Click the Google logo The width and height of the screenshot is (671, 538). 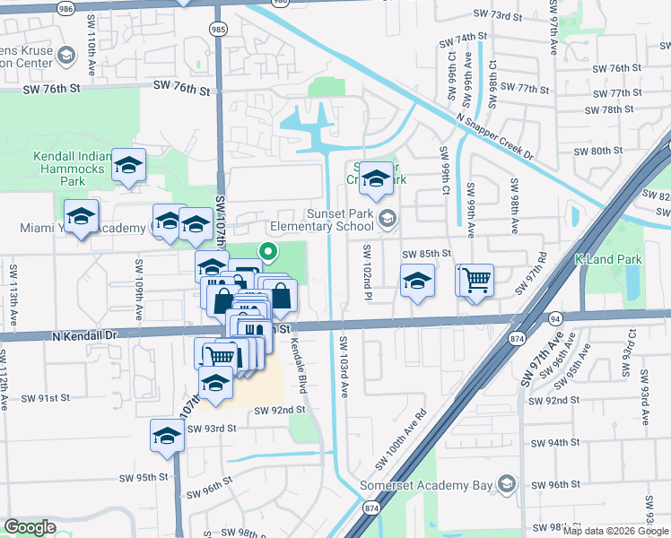[30, 527]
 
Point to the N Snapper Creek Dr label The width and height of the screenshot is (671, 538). [494, 136]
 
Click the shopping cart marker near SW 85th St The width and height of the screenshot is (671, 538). [476, 280]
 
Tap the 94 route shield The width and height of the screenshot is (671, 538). [555, 317]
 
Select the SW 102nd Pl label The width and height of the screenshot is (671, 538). [367, 272]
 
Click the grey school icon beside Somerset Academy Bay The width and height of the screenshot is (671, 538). [507, 485]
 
